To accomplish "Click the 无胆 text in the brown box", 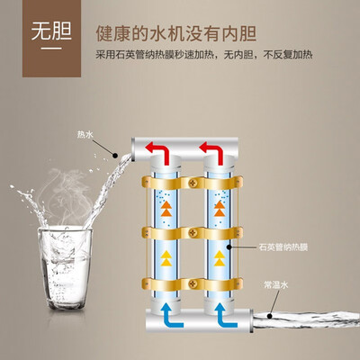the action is pyautogui.click(x=51, y=31).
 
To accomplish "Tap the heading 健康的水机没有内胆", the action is pyautogui.click(x=176, y=34).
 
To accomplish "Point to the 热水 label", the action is pyautogui.click(x=85, y=135).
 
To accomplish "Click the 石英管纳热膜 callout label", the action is pyautogui.click(x=283, y=247).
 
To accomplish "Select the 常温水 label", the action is pyautogui.click(x=276, y=284).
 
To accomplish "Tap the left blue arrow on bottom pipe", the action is pyautogui.click(x=172, y=315).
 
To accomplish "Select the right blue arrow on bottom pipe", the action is pyautogui.click(x=226, y=315).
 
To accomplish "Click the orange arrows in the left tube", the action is pyautogui.click(x=166, y=209).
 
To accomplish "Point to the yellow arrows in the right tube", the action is pyautogui.click(x=220, y=258).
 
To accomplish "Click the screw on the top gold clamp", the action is pyautogui.click(x=193, y=182).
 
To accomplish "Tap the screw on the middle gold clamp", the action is pyautogui.click(x=193, y=232).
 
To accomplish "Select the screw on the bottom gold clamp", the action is pyautogui.click(x=193, y=283).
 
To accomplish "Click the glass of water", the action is pyautogui.click(x=64, y=267).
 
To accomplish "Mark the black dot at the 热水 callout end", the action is pyautogui.click(x=114, y=155).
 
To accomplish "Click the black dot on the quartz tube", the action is pyautogui.click(x=229, y=247).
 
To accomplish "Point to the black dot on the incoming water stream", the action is pyautogui.click(x=269, y=316).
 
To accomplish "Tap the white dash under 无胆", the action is pyautogui.click(x=51, y=49).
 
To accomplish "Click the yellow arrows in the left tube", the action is pyautogui.click(x=166, y=258).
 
